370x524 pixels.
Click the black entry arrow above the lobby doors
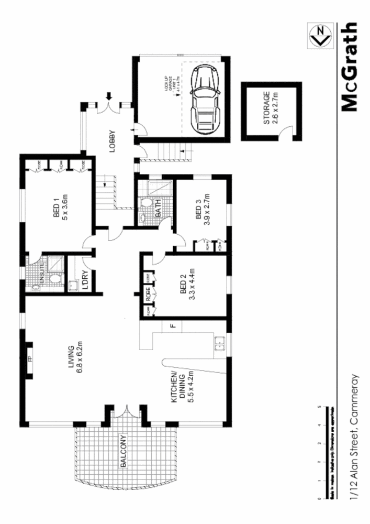pos(109,96)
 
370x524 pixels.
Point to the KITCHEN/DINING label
pos(180,387)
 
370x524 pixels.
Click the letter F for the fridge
pos(171,327)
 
